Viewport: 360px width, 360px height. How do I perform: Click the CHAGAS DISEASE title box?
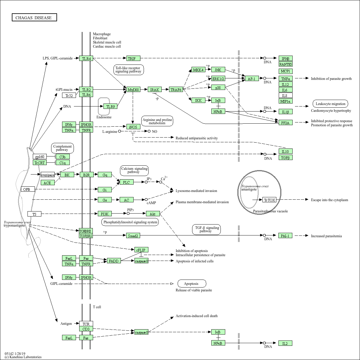pyautogui.click(x=34, y=17)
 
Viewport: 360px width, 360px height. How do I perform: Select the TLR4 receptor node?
pyautogui.click(x=86, y=59)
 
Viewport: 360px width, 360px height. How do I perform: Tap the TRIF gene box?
pyautogui.click(x=133, y=59)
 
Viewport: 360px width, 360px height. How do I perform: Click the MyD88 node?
pyautogui.click(x=133, y=90)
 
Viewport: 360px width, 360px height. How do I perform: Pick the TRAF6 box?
pyautogui.click(x=176, y=90)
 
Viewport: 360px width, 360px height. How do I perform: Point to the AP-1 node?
pyautogui.click(x=252, y=79)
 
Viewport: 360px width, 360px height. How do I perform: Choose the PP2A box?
pyautogui.click(x=286, y=122)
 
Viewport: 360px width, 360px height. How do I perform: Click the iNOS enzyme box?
pyautogui.click(x=133, y=127)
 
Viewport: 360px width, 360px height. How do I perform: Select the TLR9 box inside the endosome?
pyautogui.click(x=110, y=106)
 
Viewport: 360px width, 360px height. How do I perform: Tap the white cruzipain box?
pyautogui.click(x=48, y=175)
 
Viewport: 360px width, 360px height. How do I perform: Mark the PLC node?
pyautogui.click(x=127, y=182)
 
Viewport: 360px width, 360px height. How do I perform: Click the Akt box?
pyautogui.click(x=153, y=214)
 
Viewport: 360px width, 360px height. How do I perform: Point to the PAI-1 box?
pyautogui.click(x=286, y=235)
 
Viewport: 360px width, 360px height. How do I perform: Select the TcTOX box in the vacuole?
pyautogui.click(x=269, y=200)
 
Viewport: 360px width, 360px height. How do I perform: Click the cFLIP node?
pyautogui.click(x=141, y=250)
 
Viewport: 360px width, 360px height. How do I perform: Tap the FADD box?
pyautogui.click(x=114, y=261)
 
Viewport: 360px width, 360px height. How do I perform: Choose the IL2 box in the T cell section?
pyautogui.click(x=285, y=343)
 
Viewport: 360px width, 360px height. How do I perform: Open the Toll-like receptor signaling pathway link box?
pyautogui.click(x=128, y=70)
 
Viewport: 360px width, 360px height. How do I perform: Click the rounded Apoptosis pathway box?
pyautogui.click(x=192, y=284)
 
